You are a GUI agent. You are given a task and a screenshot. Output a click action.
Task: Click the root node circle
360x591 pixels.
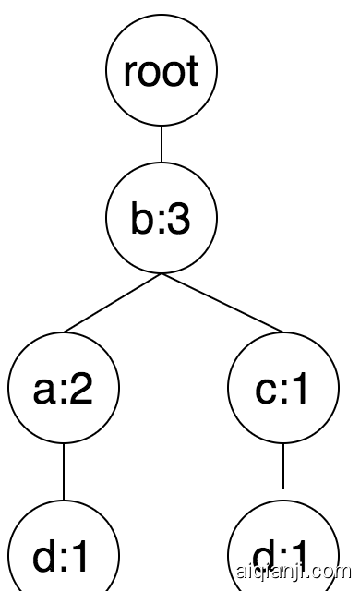162,72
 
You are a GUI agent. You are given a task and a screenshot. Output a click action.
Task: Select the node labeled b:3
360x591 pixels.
162,220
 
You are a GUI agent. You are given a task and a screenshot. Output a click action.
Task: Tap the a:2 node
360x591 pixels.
64,392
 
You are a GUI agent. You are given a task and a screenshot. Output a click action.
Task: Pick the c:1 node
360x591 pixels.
282,392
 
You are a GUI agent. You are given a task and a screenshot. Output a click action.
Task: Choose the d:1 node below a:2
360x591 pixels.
64,554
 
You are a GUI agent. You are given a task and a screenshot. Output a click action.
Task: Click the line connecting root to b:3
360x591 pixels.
162,146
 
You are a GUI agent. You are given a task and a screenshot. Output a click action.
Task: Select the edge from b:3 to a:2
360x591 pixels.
113,304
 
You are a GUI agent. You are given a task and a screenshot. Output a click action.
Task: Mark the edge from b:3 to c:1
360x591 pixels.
222,304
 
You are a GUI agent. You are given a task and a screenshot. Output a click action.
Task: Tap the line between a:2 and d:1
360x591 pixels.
64,474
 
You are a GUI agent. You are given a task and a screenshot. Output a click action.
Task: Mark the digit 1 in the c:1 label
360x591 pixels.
301,392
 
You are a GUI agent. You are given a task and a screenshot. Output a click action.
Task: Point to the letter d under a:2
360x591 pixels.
45,557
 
